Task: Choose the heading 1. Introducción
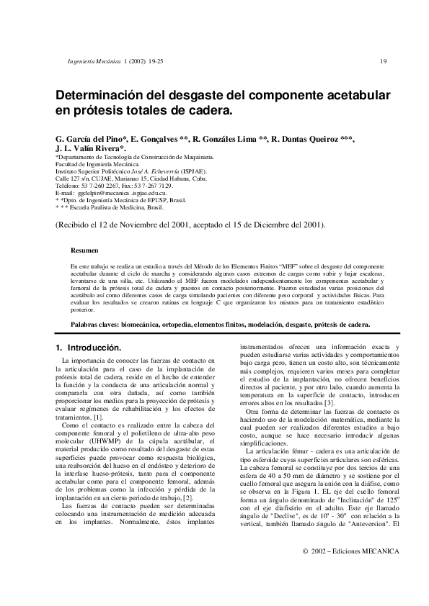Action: (x=88, y=348)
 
